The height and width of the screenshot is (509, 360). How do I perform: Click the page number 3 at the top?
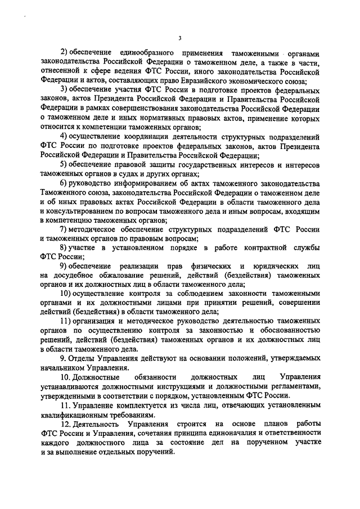(179, 38)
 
